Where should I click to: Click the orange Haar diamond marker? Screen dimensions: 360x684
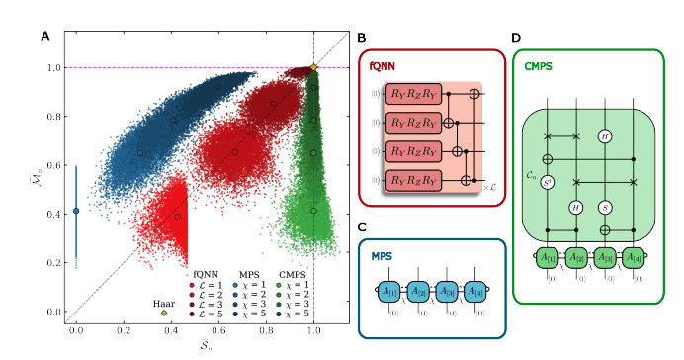(164, 313)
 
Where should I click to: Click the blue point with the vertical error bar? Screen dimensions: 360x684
(76, 211)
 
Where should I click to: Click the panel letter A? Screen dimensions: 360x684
(44, 37)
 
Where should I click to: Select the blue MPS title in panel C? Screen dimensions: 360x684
(382, 255)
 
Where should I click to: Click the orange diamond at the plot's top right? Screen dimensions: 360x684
(313, 67)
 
